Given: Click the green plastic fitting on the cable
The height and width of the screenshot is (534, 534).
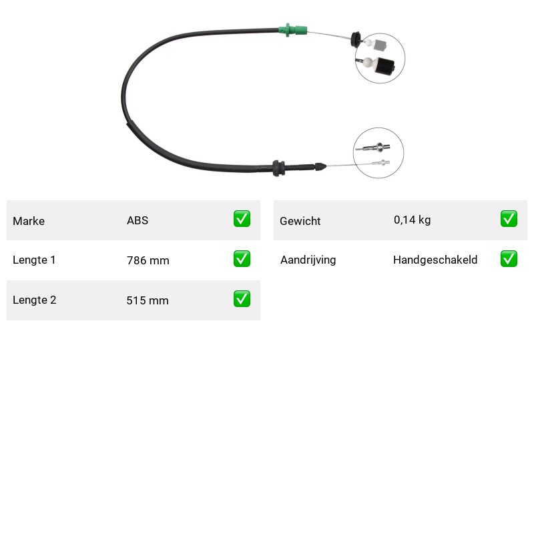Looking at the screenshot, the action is pos(292,30).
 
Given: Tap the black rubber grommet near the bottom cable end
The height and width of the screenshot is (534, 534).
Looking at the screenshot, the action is pos(278,168).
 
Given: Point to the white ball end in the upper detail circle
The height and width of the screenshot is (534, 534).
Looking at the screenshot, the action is pos(368,62).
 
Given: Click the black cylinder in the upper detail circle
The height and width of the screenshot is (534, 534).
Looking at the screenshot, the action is pos(384,66).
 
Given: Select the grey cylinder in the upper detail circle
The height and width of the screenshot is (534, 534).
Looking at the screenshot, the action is pos(380,45).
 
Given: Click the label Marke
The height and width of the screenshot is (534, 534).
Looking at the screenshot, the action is pos(29,221).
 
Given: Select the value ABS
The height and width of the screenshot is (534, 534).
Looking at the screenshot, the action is pos(138,220).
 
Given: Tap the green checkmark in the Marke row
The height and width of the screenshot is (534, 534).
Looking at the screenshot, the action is pos(242,219).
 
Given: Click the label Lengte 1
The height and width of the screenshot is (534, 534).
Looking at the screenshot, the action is pos(34,260).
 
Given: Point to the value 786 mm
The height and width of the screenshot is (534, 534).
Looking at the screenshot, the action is pos(148,260).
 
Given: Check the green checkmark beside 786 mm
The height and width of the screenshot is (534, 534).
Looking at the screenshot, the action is pos(242,259).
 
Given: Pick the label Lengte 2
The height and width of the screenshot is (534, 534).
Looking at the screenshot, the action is pos(35,300).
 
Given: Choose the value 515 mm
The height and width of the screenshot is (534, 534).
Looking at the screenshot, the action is pos(148,300).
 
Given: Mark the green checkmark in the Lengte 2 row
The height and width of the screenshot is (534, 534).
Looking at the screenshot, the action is pos(242,298).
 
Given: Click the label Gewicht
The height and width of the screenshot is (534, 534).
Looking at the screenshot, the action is pos(300,221).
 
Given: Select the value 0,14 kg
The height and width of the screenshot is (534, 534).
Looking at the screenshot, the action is pos(412,220).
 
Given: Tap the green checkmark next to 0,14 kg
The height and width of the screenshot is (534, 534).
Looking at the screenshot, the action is pos(509,219).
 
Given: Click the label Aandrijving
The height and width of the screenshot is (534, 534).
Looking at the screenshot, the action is pos(308,260).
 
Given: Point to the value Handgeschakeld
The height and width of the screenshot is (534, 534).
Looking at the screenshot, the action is pos(435,260).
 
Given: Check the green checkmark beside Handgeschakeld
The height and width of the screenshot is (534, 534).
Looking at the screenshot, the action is pos(509,259).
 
